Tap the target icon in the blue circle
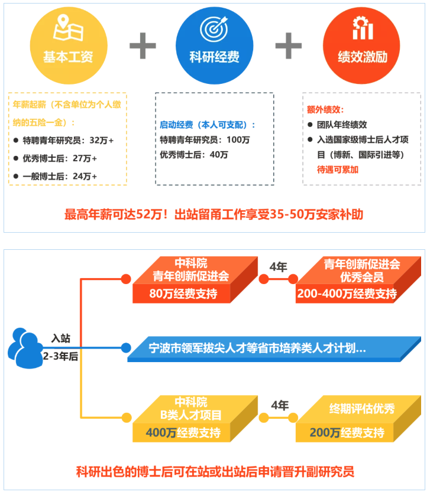coord(214,28)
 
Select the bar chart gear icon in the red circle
coord(363,28)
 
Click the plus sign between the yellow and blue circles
coord(143,46)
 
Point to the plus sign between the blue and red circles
coord(289,46)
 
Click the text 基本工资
coord(68,57)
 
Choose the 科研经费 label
coord(214,57)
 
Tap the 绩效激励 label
coord(363,57)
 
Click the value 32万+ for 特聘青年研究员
coord(102,140)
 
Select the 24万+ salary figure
coord(85,177)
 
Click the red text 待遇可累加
coord(338,170)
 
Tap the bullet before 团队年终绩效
coord(311,125)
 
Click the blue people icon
coord(25,348)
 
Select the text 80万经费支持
coord(183,294)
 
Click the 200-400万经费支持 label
coord(347,294)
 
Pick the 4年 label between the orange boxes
coord(279,267)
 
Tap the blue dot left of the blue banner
coord(126,348)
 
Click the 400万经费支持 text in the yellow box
coord(183,433)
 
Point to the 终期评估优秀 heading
coord(362,409)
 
